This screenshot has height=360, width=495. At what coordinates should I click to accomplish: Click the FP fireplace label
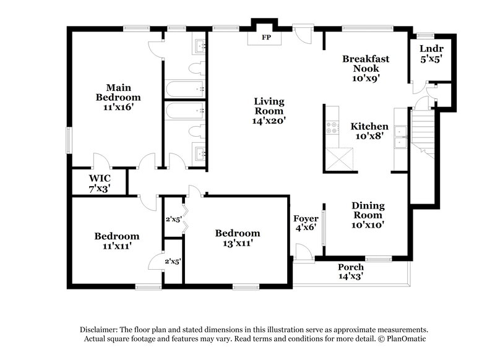[266, 38]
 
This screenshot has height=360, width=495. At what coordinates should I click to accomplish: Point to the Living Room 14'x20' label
[269, 111]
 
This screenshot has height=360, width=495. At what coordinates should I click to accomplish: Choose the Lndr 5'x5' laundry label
[431, 54]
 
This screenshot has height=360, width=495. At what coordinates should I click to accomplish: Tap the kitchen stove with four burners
[332, 127]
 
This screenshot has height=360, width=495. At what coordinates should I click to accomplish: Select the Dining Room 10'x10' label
[368, 215]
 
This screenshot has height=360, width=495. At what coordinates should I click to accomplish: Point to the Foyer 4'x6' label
[306, 223]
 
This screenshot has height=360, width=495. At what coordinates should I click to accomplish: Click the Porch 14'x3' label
[350, 271]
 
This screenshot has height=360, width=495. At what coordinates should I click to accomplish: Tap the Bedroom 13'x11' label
[237, 238]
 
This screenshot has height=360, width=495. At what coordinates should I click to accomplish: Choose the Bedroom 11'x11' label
[116, 241]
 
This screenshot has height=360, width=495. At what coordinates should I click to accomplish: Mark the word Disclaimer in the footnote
[98, 330]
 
